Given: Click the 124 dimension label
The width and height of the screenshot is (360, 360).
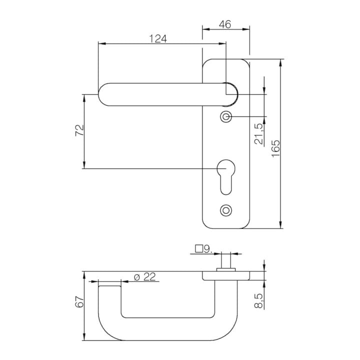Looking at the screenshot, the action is click(158, 38).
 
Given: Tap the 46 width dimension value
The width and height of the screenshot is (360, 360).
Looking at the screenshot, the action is click(225, 24).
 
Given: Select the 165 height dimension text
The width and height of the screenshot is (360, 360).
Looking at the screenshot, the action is click(275, 148).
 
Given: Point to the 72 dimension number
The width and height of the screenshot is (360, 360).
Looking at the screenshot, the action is click(79, 130).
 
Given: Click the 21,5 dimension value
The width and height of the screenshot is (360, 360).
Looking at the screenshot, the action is click(259, 134).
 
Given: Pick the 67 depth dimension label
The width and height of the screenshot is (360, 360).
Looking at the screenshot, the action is click(79, 301).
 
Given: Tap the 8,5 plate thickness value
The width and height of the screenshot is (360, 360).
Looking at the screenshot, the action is click(259, 301).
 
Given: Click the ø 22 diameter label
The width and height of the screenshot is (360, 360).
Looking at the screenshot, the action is click(144, 276).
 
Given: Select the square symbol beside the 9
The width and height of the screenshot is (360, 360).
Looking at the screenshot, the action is click(199, 249).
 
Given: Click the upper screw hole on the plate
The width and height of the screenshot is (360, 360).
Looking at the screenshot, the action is click(226, 117).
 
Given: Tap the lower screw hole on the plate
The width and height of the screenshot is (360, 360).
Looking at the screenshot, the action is click(226, 210).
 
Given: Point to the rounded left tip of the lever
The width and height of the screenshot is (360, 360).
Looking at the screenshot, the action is click(99, 94).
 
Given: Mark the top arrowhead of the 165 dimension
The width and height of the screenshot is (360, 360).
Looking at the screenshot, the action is click(280, 62).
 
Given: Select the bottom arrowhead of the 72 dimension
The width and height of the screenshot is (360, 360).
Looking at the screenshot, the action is click(84, 165).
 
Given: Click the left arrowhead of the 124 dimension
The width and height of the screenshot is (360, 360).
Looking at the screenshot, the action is click(102, 43).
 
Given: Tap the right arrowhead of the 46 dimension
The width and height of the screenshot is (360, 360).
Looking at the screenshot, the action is click(246, 29).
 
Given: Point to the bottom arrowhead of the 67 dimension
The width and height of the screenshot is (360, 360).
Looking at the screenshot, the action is click(84, 337).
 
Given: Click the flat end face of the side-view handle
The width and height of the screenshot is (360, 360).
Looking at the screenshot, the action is click(109, 286).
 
